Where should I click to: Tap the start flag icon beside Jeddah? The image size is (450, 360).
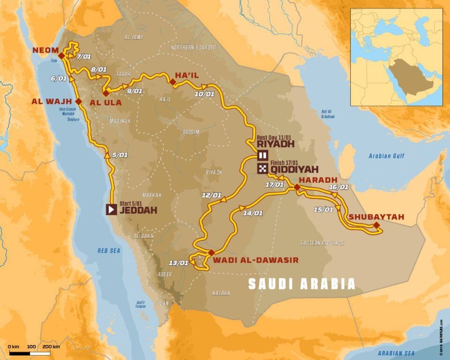tap(111, 210)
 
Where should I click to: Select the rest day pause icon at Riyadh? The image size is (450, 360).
tap(262, 156)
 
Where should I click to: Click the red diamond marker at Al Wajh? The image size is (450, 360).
tap(78, 101)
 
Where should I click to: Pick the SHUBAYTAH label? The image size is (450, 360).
tap(376, 217)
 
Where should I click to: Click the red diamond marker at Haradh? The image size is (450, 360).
tap(297, 187)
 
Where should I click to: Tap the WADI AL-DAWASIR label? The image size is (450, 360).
tap(255, 261)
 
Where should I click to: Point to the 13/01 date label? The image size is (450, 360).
tap(180, 262)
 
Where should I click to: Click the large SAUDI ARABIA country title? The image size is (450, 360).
tap(301, 284)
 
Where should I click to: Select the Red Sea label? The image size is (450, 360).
tap(109, 251)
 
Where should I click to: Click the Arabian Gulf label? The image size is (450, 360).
tap(386, 157)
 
